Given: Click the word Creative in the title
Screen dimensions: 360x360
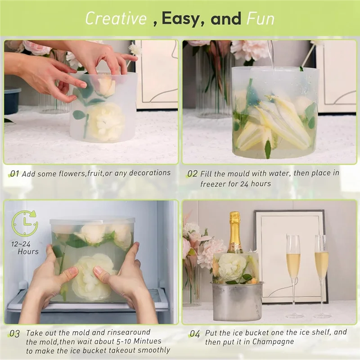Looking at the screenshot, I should (116, 18).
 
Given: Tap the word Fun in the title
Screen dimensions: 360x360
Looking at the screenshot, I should (260, 18).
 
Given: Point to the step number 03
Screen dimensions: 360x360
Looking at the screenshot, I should (14, 334).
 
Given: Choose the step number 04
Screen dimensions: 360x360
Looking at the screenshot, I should (194, 333).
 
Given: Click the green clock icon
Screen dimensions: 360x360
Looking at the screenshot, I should (24, 224).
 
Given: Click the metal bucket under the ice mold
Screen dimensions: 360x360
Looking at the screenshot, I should (238, 301).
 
